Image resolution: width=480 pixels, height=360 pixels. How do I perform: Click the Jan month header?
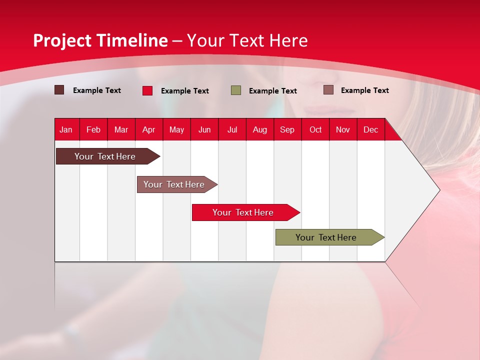click(66, 129)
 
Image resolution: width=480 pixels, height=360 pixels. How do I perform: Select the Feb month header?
click(93, 129)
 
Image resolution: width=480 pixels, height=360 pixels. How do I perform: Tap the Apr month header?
click(148, 129)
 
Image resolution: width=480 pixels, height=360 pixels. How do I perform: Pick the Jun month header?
click(204, 129)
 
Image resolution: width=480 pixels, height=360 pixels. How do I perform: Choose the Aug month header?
click(259, 129)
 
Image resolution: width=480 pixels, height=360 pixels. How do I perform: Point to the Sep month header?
click(287, 129)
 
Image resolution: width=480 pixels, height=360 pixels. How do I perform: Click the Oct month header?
click(315, 129)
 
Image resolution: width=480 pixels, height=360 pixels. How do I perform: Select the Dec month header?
click(370, 129)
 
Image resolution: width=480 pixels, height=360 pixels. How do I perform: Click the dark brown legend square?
click(59, 90)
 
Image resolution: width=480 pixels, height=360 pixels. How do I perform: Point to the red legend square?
click(147, 90)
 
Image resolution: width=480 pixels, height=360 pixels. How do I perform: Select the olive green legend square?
click(236, 90)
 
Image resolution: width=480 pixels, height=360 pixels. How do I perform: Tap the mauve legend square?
click(328, 90)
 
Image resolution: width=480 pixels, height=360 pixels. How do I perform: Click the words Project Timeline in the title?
click(100, 40)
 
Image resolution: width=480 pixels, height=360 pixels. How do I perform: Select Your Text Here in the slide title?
click(247, 40)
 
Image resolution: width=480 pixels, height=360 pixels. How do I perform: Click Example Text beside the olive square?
click(273, 91)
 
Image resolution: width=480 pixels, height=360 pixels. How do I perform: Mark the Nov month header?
click(342, 129)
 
